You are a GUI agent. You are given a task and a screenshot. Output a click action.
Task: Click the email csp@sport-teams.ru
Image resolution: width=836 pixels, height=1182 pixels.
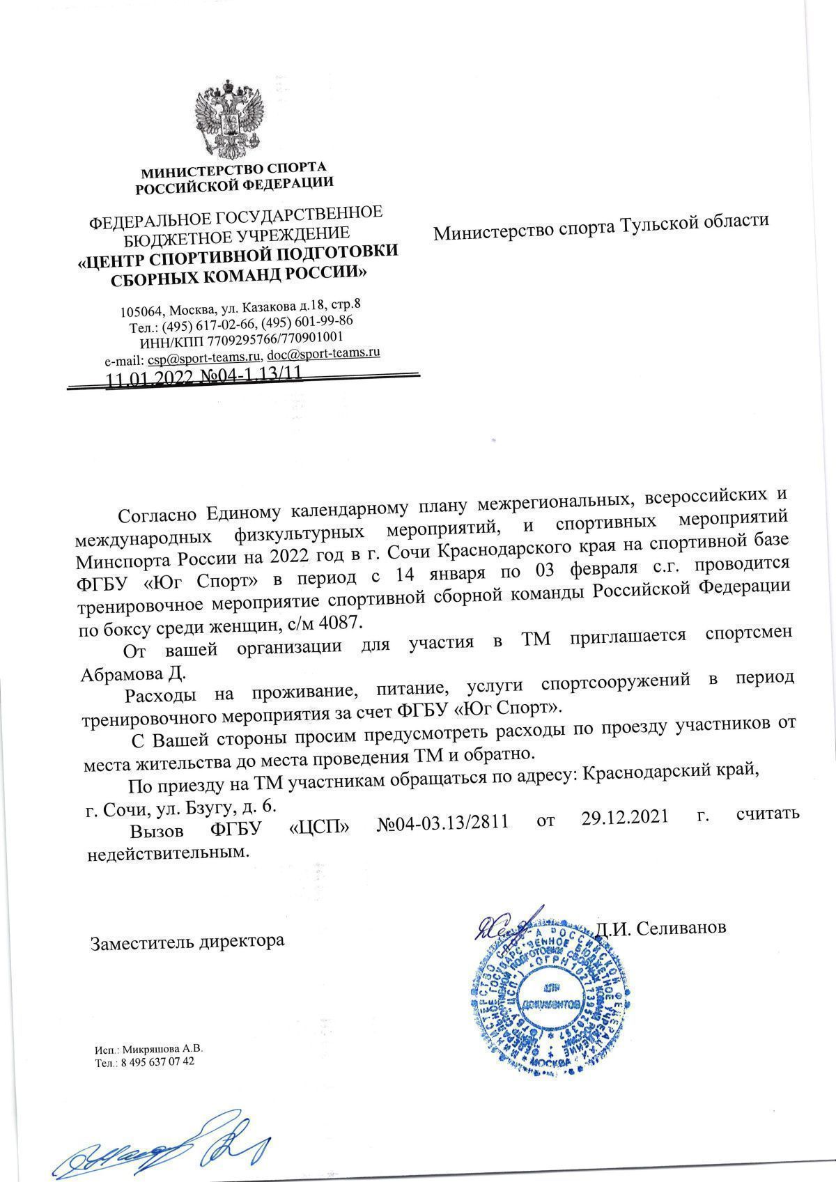tap(203, 357)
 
